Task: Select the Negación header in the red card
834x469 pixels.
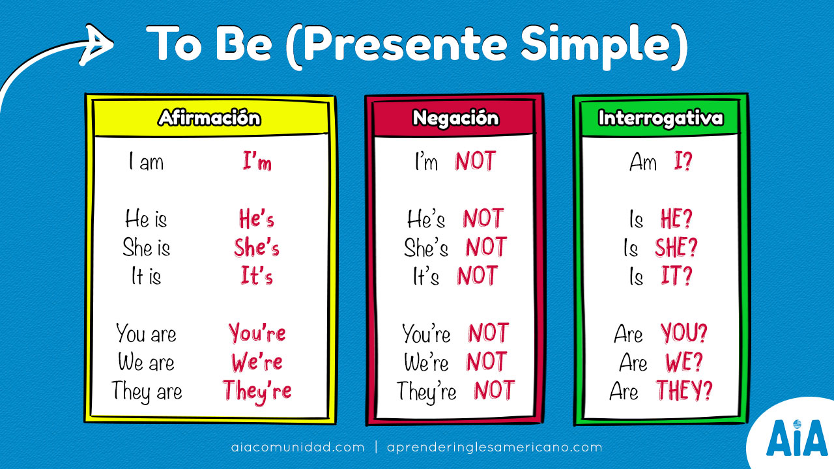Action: (455, 118)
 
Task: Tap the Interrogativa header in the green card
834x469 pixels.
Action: (660, 118)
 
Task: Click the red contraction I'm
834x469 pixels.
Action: (257, 162)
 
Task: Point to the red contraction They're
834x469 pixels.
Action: (257, 390)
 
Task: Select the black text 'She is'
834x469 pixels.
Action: (146, 248)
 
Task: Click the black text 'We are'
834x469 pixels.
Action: (146, 362)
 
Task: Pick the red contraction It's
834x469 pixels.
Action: (257, 277)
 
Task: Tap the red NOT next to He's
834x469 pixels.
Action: (483, 219)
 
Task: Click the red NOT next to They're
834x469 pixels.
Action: (494, 390)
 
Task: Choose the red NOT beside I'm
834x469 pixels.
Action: (475, 162)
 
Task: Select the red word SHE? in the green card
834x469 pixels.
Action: (676, 248)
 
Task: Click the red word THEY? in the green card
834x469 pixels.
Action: (683, 390)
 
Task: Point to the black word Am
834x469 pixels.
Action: (643, 162)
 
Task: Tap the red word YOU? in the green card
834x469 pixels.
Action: (684, 334)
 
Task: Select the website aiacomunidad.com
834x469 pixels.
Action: (298, 448)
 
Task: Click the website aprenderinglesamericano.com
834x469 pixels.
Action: (495, 448)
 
